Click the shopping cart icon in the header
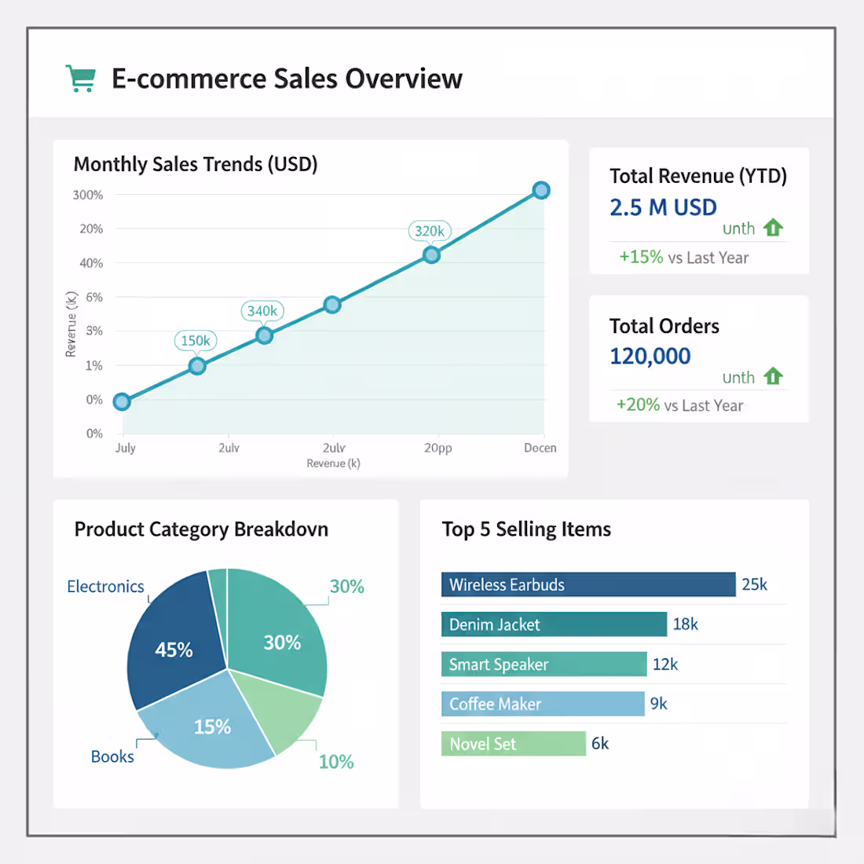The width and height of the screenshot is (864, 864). [80, 79]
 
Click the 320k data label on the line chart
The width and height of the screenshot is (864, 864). [430, 231]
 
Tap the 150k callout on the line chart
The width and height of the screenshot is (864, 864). [196, 341]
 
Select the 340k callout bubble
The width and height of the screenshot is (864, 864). [262, 311]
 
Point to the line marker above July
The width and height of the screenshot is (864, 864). [122, 402]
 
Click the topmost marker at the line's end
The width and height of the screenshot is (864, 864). [541, 190]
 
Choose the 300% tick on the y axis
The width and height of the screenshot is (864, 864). [88, 195]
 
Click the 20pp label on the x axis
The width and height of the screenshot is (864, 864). [437, 448]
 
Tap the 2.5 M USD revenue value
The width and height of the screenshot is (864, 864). [663, 207]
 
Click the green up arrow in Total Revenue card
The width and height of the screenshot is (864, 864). [774, 228]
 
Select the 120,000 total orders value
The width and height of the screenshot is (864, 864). [650, 357]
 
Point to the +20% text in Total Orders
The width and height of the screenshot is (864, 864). [638, 405]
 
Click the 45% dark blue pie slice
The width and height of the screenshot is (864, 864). [174, 649]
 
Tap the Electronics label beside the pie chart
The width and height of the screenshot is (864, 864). [105, 587]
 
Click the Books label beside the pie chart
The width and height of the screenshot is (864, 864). [112, 756]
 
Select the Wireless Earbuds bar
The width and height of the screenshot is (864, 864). [588, 584]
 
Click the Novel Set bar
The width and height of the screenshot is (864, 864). [513, 744]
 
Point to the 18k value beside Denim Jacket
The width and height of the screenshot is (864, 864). [685, 624]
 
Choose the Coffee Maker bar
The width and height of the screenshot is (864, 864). [542, 704]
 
